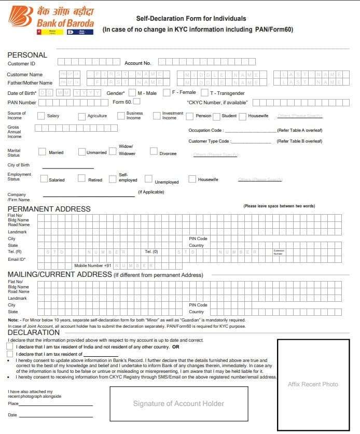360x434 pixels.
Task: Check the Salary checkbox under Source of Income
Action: (x=41, y=116)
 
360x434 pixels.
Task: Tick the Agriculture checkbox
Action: (x=82, y=116)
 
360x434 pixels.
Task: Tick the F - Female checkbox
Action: (x=167, y=93)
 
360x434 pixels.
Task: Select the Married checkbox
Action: (x=42, y=152)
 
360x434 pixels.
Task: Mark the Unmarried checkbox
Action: (x=82, y=152)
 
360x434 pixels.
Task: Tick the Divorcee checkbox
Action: (x=154, y=151)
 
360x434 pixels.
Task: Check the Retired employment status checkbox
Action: (x=81, y=178)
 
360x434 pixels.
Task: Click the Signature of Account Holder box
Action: (x=178, y=403)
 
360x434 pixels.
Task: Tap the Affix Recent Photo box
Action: (x=312, y=384)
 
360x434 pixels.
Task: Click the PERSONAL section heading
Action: (x=27, y=55)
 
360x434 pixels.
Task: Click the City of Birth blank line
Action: (x=67, y=167)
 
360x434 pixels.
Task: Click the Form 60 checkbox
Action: (x=137, y=102)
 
